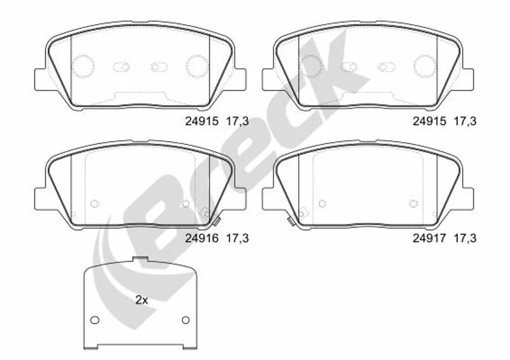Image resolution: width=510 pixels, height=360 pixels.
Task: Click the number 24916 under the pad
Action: tap(201, 238)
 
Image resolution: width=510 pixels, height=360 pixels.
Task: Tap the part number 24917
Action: tap(429, 238)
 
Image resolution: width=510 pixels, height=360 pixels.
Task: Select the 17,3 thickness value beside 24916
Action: tap(237, 238)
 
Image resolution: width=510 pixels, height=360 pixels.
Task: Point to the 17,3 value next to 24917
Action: tap(465, 238)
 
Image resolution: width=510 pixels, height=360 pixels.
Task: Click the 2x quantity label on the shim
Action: tap(142, 300)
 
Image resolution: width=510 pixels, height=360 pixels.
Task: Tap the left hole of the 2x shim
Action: tap(94, 320)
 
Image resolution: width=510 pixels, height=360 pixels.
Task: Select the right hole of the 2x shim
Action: tap(186, 320)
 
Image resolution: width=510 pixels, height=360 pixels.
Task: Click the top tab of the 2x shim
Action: tap(140, 259)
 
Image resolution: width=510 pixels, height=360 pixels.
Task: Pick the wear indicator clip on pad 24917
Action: tap(291, 221)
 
